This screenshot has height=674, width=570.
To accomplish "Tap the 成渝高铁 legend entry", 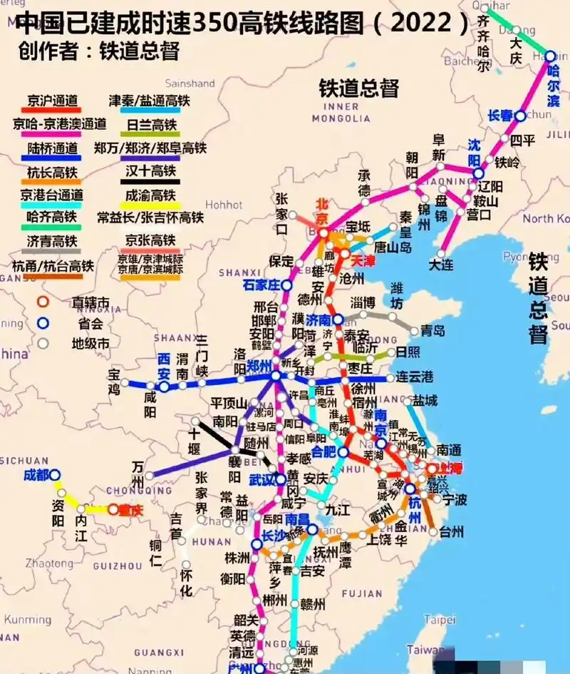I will click(x=150, y=195).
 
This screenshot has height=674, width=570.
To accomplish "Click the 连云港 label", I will click(x=415, y=377).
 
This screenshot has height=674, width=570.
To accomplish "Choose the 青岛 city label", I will click(x=432, y=330).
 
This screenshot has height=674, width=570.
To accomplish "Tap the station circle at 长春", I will click(x=521, y=116).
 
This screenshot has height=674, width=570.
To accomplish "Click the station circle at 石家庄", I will click(x=286, y=285).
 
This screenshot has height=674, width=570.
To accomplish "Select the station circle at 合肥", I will click(x=343, y=452).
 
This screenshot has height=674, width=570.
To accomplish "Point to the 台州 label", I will click(x=451, y=531).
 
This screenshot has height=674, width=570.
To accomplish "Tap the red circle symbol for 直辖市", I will click(x=43, y=302).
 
